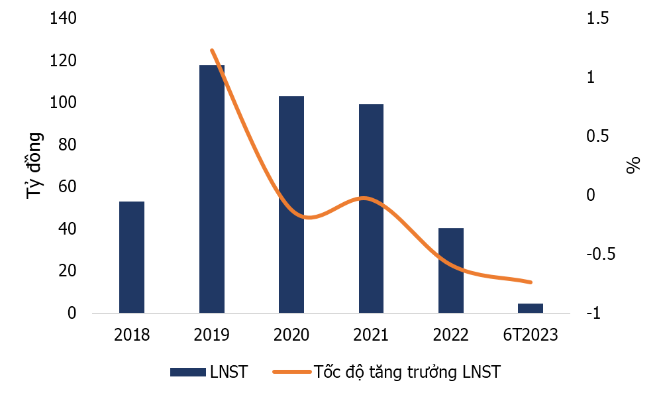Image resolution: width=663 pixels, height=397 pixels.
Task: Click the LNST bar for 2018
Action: (x=132, y=257)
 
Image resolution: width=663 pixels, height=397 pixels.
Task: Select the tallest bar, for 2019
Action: (x=212, y=189)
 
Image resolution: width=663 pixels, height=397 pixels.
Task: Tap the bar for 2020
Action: (x=291, y=204)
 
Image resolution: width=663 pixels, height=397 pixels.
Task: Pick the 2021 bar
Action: (x=371, y=208)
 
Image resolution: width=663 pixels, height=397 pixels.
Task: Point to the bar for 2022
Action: (x=451, y=270)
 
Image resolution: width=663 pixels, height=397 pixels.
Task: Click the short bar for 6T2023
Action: (x=531, y=308)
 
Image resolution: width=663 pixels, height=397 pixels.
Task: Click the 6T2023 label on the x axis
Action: (x=531, y=335)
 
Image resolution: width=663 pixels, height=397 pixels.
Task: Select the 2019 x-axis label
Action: (x=212, y=335)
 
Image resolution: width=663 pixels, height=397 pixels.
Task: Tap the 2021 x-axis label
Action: (x=371, y=335)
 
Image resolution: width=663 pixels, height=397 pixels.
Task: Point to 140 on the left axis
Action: (x=64, y=19)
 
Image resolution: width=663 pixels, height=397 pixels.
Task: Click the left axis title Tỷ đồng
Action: (x=34, y=166)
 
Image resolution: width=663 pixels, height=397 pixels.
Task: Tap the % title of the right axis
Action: (x=634, y=166)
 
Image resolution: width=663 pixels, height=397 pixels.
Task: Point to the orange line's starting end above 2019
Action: (x=212, y=50)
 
